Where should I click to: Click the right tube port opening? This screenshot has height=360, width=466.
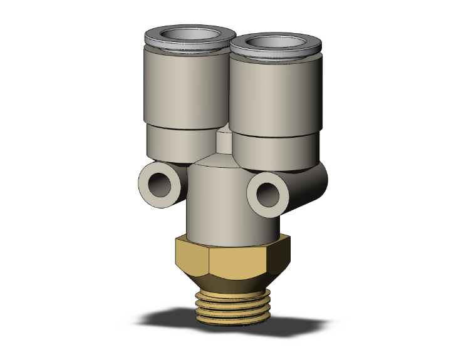[x=275, y=43]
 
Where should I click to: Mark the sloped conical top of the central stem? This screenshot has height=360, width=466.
[x=216, y=164]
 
